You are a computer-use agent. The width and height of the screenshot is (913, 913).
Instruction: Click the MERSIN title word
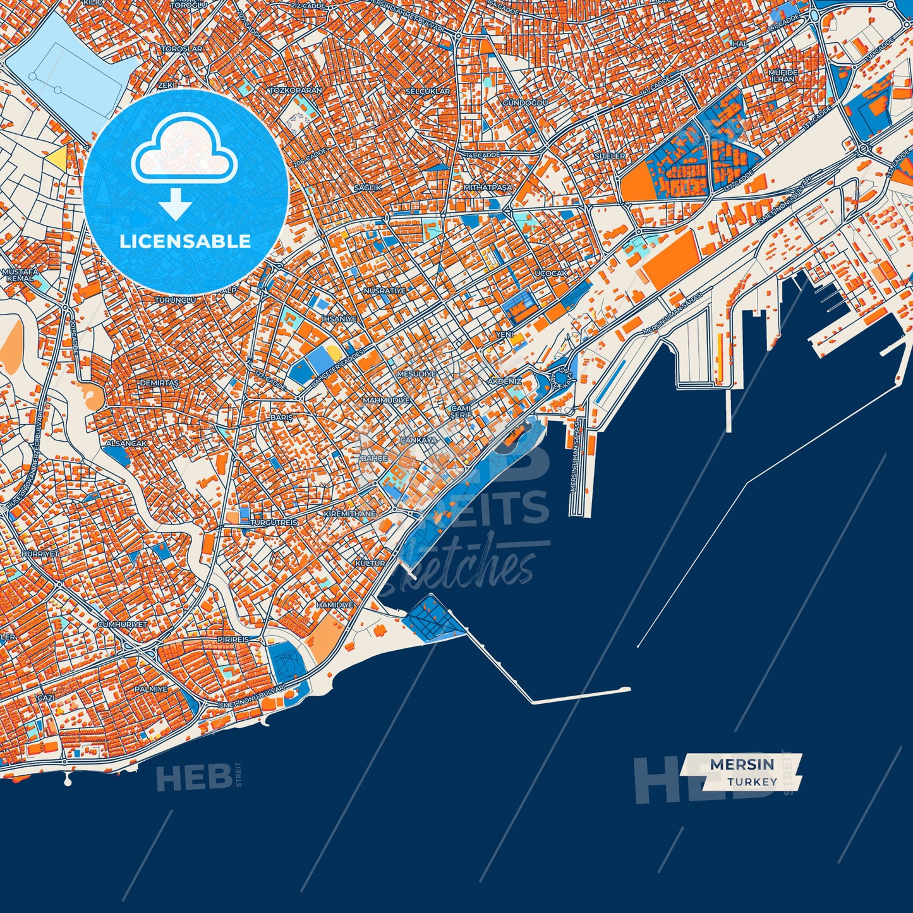click(x=742, y=764)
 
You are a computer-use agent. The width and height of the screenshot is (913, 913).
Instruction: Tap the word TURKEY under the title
click(x=752, y=782)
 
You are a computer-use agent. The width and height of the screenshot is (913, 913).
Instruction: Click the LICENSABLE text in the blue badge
click(x=186, y=241)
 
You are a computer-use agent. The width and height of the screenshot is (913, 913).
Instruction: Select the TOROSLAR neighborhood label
click(x=181, y=49)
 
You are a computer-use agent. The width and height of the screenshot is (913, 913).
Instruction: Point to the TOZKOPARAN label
click(x=296, y=90)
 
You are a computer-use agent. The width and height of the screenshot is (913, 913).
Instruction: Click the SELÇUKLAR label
click(x=428, y=92)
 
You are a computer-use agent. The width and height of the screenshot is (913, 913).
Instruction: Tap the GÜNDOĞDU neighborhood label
click(x=525, y=102)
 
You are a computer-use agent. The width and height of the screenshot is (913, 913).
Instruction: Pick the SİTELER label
click(x=610, y=156)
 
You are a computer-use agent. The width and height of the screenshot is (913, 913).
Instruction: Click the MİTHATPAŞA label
click(x=488, y=188)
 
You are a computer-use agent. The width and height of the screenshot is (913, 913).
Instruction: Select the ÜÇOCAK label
click(x=551, y=274)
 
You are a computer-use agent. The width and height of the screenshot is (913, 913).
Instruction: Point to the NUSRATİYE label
click(x=384, y=291)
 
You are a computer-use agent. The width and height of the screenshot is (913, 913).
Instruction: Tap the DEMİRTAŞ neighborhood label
click(x=159, y=384)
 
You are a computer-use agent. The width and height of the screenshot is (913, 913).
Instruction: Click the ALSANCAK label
click(x=126, y=444)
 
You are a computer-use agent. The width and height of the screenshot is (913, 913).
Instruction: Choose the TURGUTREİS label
click(x=274, y=523)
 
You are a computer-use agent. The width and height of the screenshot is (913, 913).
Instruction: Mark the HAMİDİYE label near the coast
click(x=335, y=605)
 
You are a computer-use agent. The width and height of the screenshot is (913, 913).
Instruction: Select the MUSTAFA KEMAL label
click(x=20, y=275)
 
